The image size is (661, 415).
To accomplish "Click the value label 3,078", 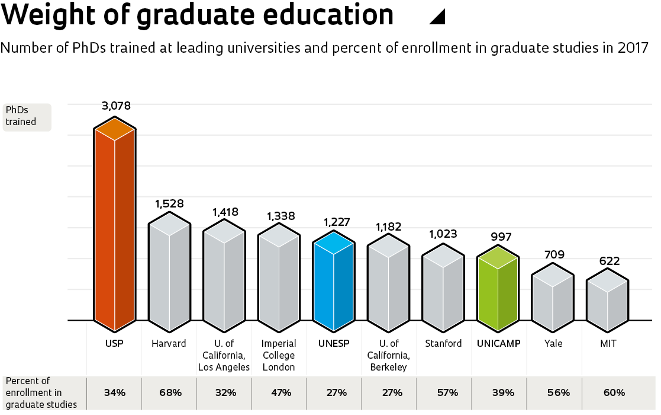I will tap(116, 106).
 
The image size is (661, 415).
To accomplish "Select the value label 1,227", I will tap(337, 222).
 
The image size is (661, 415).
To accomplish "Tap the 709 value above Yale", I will tap(554, 255).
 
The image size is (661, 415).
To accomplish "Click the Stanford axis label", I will tap(443, 344).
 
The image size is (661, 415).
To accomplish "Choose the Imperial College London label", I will tap(278, 355).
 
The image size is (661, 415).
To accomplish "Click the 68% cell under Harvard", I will tap(170, 392).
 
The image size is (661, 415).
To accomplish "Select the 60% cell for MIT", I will tap(614, 392).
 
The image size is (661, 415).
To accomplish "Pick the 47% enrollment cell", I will tap(281, 392).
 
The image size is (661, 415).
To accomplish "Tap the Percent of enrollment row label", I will tap(41, 392).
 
